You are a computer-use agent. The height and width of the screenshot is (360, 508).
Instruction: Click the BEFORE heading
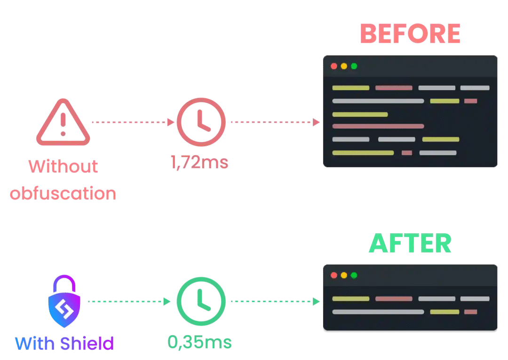[x=410, y=34]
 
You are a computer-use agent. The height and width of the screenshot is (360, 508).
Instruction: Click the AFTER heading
[x=410, y=243]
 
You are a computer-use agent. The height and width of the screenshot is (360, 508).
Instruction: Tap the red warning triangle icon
[x=63, y=123]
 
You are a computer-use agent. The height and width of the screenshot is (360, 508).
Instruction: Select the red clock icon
[x=201, y=122]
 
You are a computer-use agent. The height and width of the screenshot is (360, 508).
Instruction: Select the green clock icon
[x=201, y=301]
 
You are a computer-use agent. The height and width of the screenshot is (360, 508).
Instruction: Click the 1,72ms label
[x=199, y=163]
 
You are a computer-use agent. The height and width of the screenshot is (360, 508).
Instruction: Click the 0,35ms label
[x=199, y=342]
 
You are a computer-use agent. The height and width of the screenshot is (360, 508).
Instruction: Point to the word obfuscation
[x=63, y=193]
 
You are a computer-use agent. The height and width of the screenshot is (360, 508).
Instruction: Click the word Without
[x=63, y=166]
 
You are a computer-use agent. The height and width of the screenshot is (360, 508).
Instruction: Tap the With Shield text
[x=64, y=344]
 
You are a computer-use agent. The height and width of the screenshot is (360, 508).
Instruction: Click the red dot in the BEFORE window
[x=334, y=66]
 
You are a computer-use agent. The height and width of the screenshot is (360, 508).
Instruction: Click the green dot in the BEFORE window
[x=354, y=66]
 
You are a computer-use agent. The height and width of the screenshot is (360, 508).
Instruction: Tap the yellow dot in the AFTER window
[x=344, y=275]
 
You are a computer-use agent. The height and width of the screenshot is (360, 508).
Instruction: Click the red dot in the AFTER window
[x=334, y=275]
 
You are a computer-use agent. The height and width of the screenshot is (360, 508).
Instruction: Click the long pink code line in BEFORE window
[x=378, y=126]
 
